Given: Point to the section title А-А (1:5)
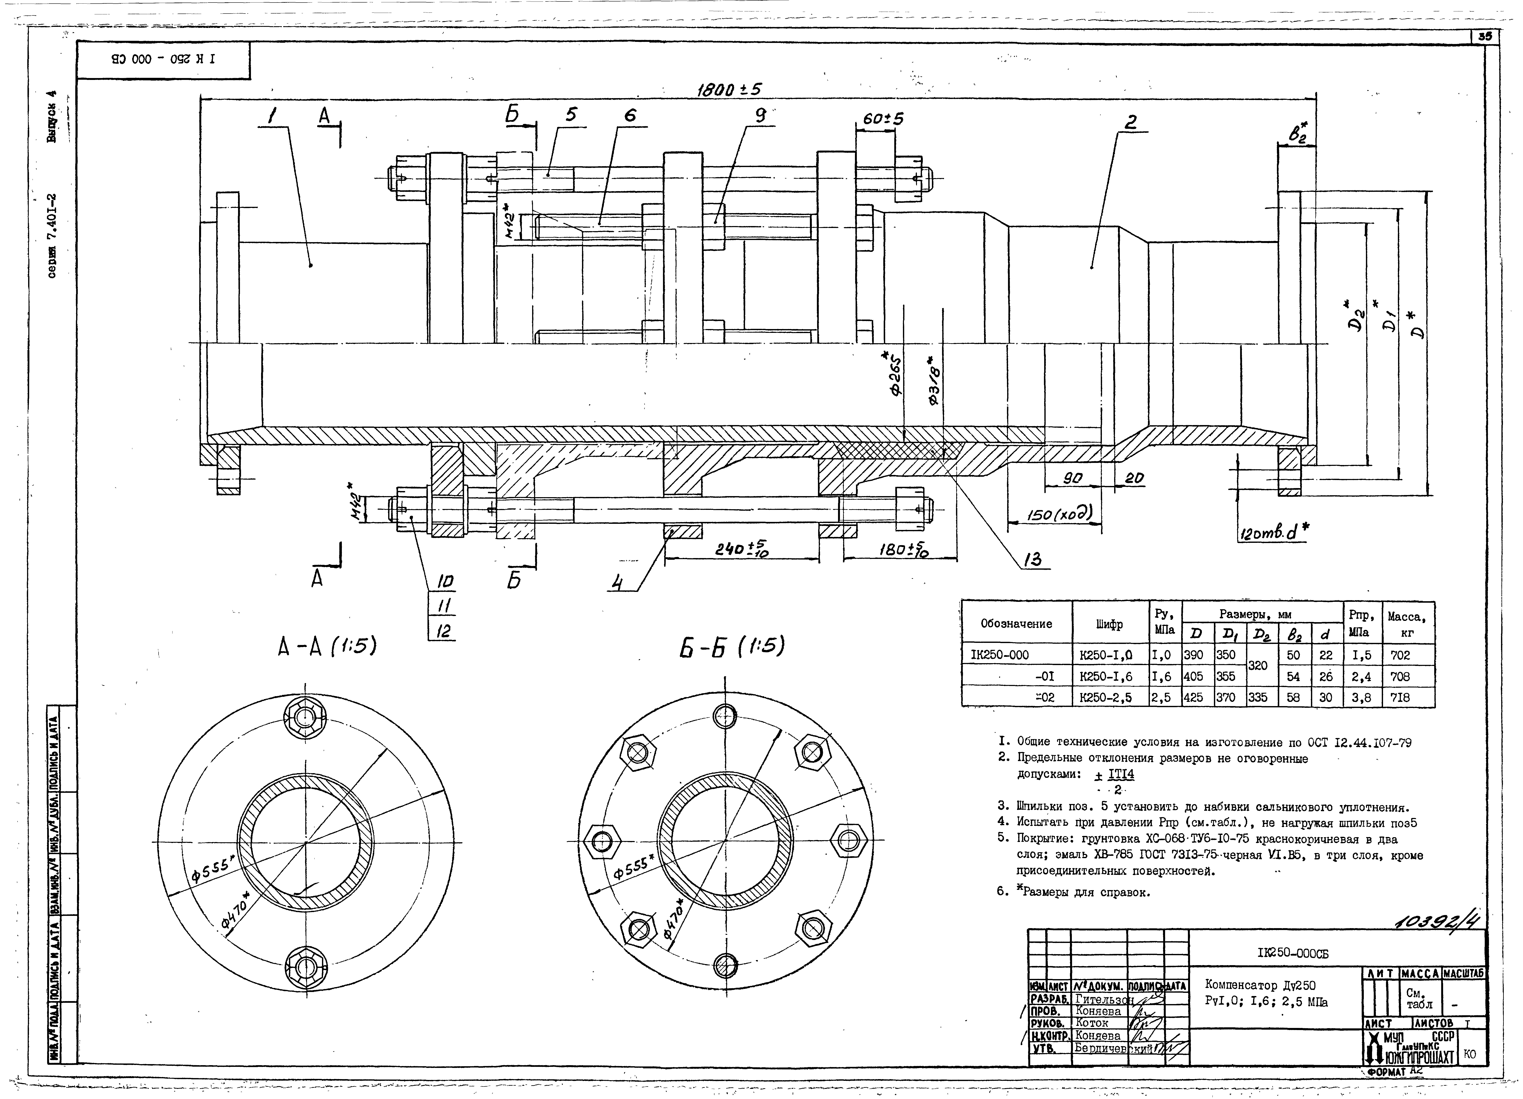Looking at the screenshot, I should (x=327, y=646).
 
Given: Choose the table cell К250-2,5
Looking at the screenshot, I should (x=1105, y=698).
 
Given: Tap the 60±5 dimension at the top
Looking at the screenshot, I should (x=883, y=119).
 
